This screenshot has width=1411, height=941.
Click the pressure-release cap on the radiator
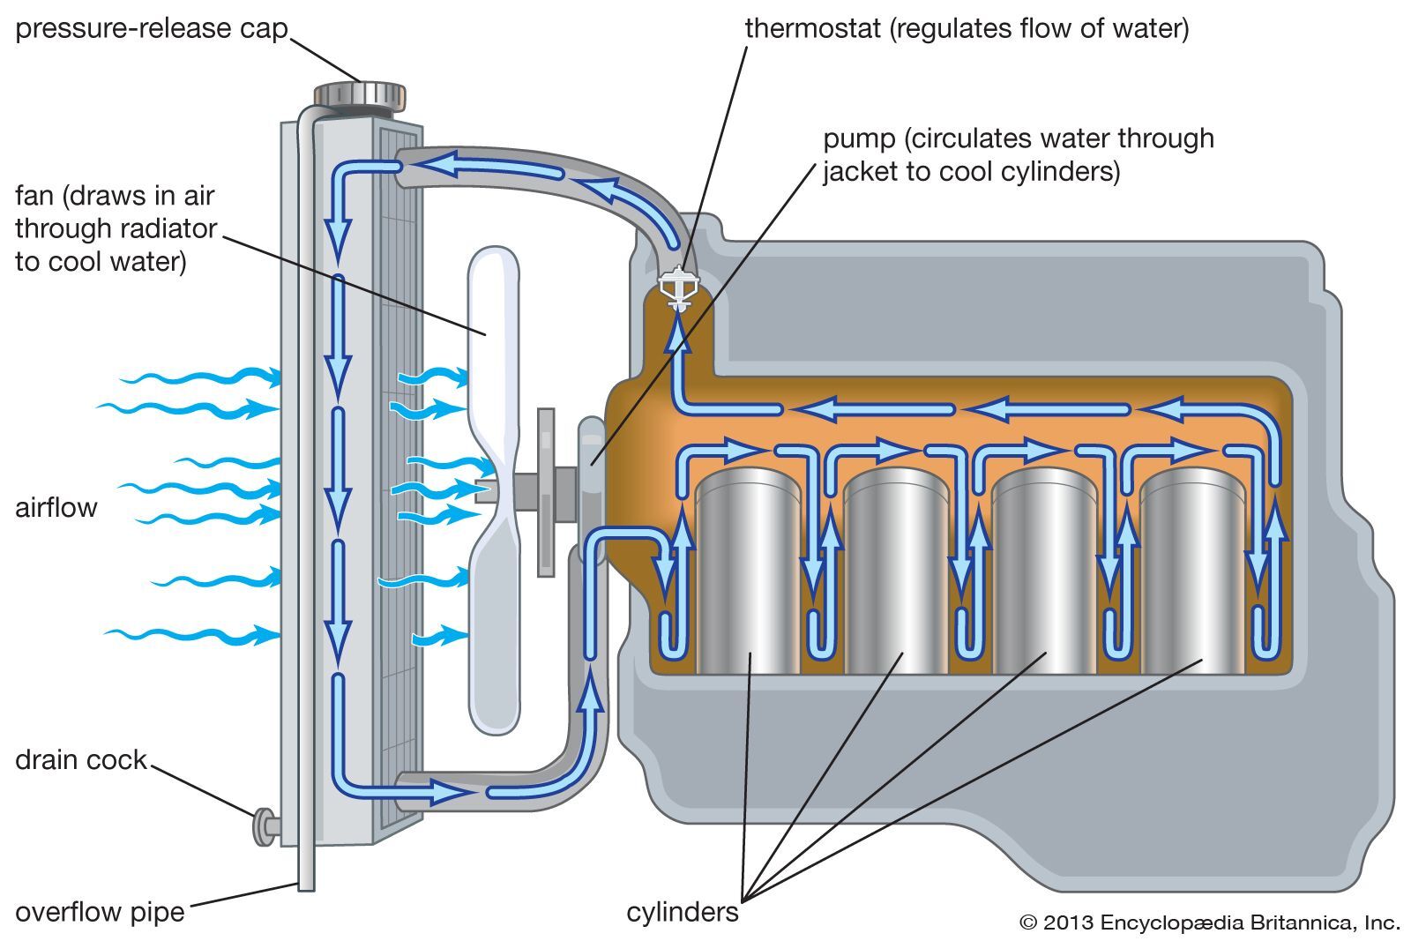click(x=360, y=94)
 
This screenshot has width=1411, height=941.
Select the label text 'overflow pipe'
click(x=100, y=911)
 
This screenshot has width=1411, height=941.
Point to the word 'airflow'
click(x=56, y=508)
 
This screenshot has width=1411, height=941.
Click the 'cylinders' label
click(x=682, y=911)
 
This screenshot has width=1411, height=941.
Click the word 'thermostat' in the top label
click(x=813, y=28)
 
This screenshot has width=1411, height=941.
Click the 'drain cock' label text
click(x=80, y=759)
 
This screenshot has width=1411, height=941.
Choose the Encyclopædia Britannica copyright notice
click(x=1209, y=922)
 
